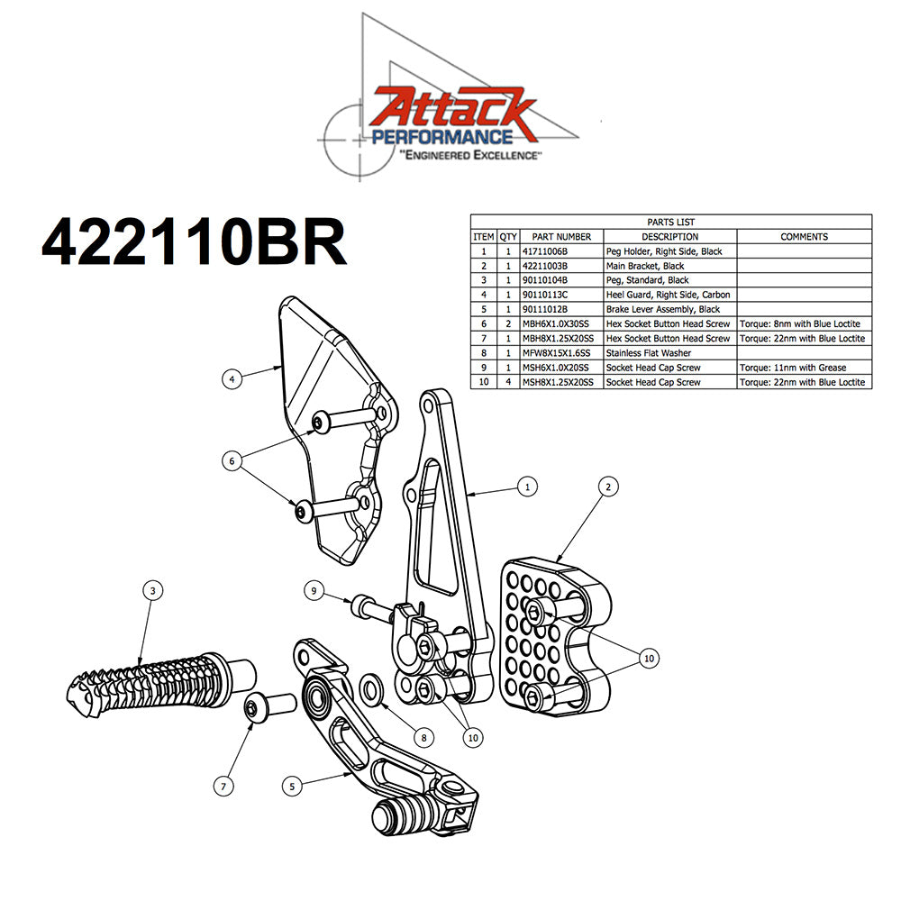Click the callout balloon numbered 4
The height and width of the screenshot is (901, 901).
[x=232, y=379]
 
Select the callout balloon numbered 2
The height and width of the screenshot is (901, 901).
[x=608, y=486]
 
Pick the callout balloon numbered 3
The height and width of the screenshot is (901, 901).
[x=153, y=590]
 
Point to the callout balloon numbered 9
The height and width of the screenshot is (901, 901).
[x=314, y=591]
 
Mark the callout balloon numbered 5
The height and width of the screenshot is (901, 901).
[x=291, y=786]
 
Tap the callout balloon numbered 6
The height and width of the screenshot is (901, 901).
[x=232, y=460]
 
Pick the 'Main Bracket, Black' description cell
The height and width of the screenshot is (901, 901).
[x=645, y=266]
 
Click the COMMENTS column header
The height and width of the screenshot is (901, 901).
[x=804, y=236]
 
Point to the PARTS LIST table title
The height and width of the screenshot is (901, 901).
[x=670, y=222]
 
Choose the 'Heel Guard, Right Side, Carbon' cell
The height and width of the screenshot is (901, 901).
[x=668, y=295]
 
